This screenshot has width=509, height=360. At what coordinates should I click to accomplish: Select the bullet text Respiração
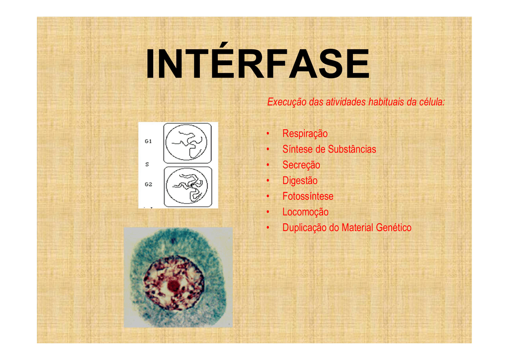point(305,134)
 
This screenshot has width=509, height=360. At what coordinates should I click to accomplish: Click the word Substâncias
point(352,149)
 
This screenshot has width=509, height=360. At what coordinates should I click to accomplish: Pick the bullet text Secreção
point(301,165)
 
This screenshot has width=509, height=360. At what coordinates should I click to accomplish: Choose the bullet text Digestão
point(300,180)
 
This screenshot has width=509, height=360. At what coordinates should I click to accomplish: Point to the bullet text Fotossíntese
point(308,196)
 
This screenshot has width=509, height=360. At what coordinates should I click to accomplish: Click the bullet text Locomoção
point(306,212)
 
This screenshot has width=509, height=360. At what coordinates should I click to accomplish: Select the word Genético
point(394,228)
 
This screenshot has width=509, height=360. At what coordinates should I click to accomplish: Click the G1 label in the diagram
point(148,141)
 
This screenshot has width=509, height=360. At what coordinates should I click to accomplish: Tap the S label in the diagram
point(147,164)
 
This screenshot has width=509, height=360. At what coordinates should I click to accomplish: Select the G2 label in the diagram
point(148,184)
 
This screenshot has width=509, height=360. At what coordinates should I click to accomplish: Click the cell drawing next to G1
point(187,143)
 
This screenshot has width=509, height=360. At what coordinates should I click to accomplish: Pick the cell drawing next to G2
point(187,186)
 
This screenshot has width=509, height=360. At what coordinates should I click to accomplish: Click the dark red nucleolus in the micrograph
point(173,286)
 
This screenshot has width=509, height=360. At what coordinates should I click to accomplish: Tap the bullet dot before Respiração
point(268,134)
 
